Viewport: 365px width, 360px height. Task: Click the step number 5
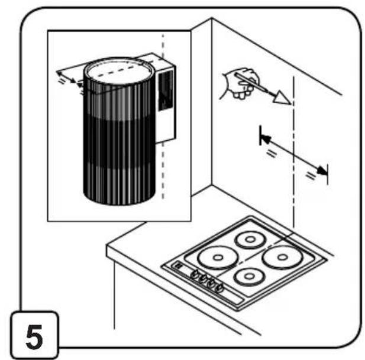[x=34, y=337]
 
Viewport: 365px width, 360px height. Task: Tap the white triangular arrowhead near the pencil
[x=282, y=97]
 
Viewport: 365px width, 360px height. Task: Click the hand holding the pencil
[x=240, y=83]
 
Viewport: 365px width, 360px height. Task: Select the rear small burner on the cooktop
[x=250, y=239]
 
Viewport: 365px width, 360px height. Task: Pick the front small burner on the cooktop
[x=249, y=277]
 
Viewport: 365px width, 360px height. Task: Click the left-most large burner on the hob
[x=218, y=258]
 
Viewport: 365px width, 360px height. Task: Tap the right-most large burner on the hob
[x=283, y=257]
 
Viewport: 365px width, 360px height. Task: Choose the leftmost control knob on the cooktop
[x=195, y=274]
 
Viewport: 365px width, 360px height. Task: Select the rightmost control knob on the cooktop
[x=219, y=288]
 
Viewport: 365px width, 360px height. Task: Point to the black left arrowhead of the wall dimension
[x=266, y=139]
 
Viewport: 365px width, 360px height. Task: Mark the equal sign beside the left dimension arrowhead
[x=272, y=154]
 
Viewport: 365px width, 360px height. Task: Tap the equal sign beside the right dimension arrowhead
[x=311, y=176]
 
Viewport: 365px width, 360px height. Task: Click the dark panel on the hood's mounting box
[x=166, y=90]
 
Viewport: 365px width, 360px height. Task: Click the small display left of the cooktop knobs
[x=179, y=265]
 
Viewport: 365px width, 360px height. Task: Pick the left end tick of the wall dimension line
[x=260, y=135]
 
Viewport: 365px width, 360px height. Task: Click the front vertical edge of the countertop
[x=114, y=295]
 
